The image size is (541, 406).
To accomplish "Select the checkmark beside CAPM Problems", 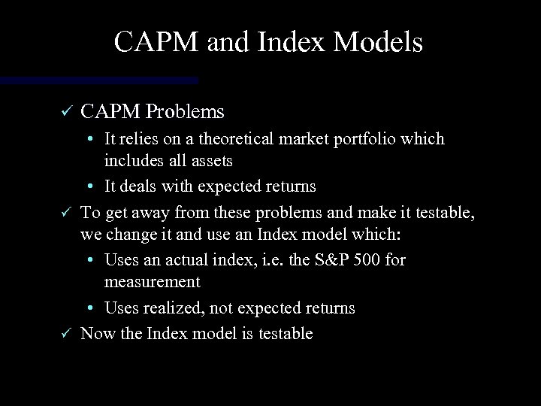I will [x=65, y=113].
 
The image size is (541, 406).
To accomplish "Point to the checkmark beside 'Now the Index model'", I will [x=65, y=334].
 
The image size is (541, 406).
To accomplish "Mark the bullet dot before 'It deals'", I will [x=89, y=186].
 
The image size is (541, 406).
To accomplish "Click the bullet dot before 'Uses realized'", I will [x=89, y=308].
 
